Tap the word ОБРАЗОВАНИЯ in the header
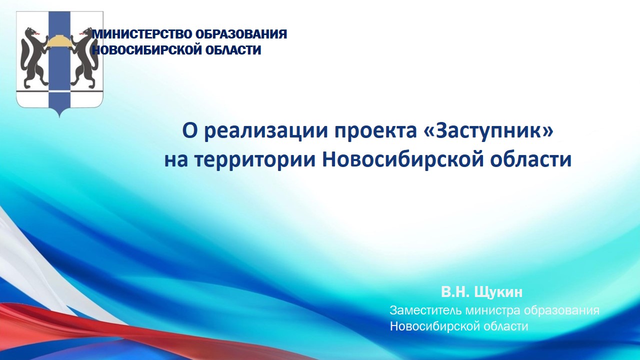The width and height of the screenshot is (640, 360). (241, 34)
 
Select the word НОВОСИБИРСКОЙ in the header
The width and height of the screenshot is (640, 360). (147, 50)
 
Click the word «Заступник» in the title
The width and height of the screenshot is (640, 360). (488, 130)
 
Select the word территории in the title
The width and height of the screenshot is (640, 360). (255, 160)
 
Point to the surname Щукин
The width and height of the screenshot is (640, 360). (498, 292)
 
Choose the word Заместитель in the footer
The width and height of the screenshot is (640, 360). (426, 310)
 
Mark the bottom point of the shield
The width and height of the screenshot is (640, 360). (59, 117)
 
